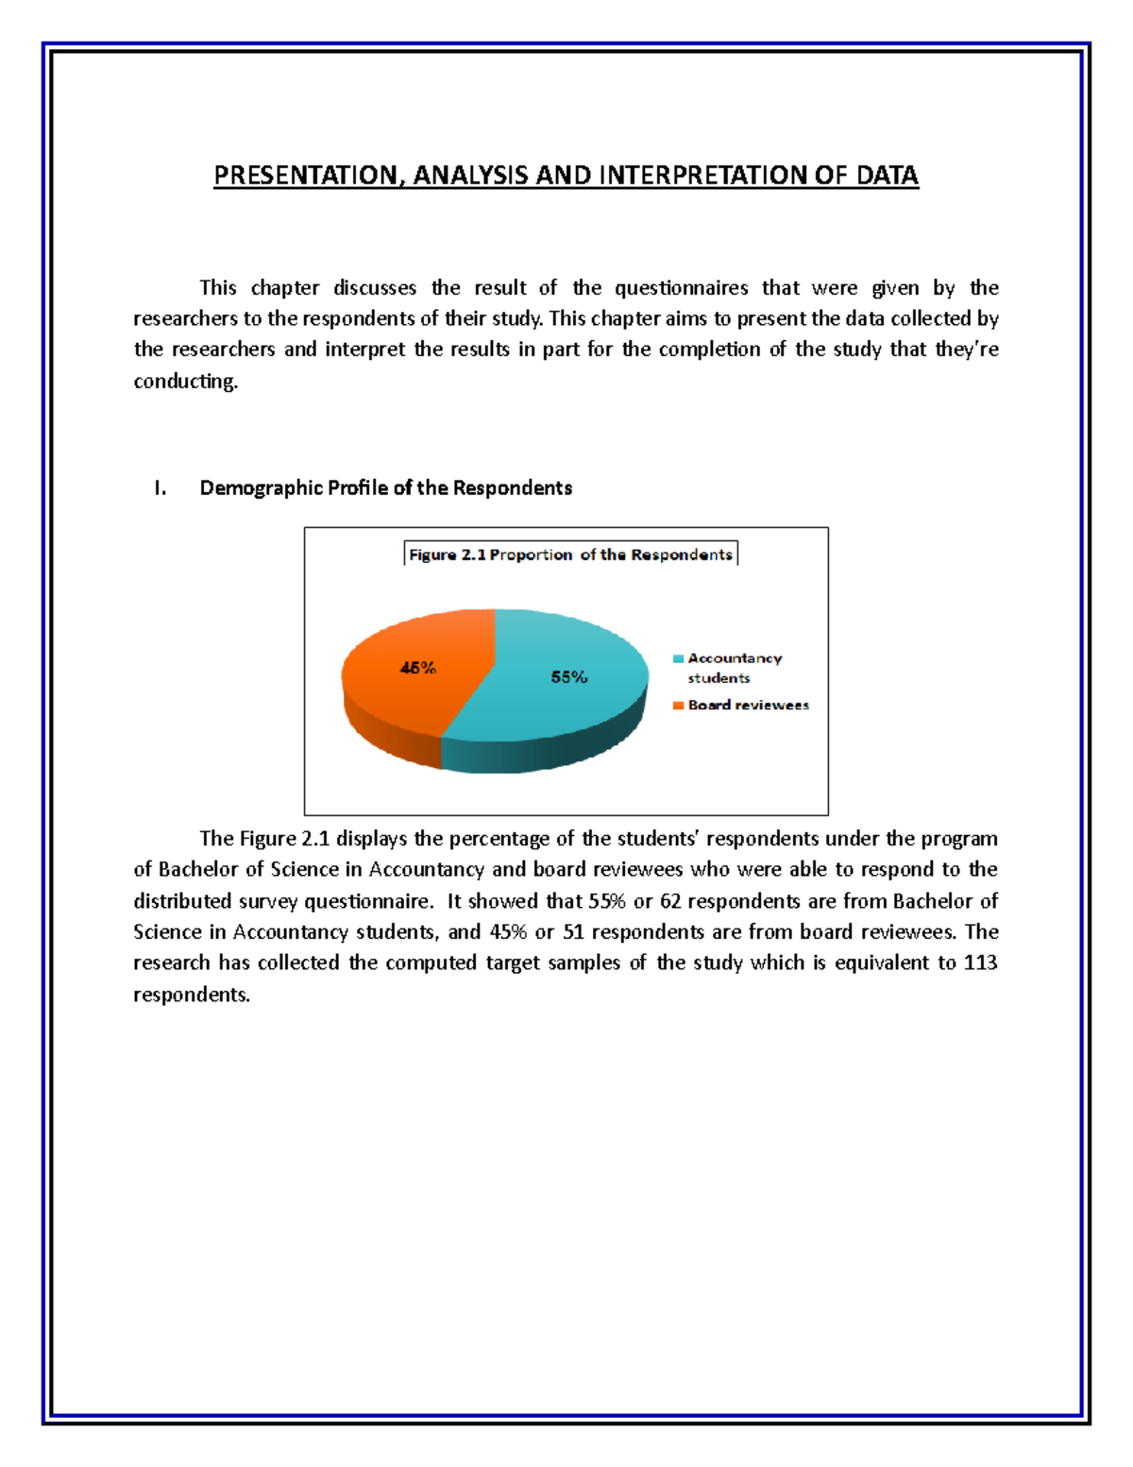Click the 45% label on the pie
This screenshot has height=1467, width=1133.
(x=417, y=668)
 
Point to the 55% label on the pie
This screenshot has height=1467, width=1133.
(x=569, y=676)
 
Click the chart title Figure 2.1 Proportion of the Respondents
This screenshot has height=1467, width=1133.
(x=570, y=554)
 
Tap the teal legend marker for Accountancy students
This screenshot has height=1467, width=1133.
(x=678, y=658)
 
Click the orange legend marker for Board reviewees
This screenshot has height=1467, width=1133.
(x=678, y=706)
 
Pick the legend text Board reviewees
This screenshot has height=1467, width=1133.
(x=748, y=705)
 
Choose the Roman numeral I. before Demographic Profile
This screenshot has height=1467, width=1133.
(x=161, y=488)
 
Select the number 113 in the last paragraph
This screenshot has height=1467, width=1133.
(x=980, y=963)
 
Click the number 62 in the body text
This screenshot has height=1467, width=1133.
(x=670, y=900)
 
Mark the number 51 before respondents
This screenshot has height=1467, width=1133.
(x=573, y=931)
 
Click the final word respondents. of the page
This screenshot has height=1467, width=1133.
(x=192, y=994)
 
